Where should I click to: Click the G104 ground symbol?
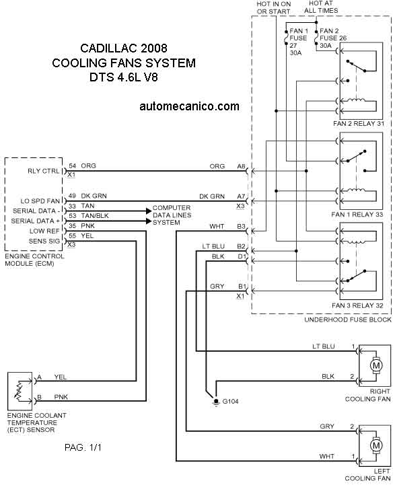tap(215, 402)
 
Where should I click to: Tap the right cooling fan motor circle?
tap(376, 366)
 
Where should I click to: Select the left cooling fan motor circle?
tap(376, 446)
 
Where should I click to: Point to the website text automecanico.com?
tap(189, 106)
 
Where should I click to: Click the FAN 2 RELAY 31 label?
tap(359, 124)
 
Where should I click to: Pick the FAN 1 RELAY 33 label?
tap(357, 215)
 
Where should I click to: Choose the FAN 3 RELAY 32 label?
tap(357, 305)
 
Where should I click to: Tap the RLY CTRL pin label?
tap(43, 171)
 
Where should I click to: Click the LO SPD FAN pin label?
tap(40, 201)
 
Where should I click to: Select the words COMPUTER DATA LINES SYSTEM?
tap(172, 215)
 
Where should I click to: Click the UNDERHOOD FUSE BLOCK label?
tap(348, 320)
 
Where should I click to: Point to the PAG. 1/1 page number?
tap(83, 447)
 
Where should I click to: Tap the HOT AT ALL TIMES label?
tap(321, 7)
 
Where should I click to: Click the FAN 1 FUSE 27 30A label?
tap(298, 42)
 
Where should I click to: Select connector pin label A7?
tap(241, 196)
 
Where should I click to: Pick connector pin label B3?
tap(242, 227)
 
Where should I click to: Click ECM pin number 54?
tap(72, 166)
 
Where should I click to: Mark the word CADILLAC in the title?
tap(108, 48)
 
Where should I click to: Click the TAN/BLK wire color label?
tap(95, 216)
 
